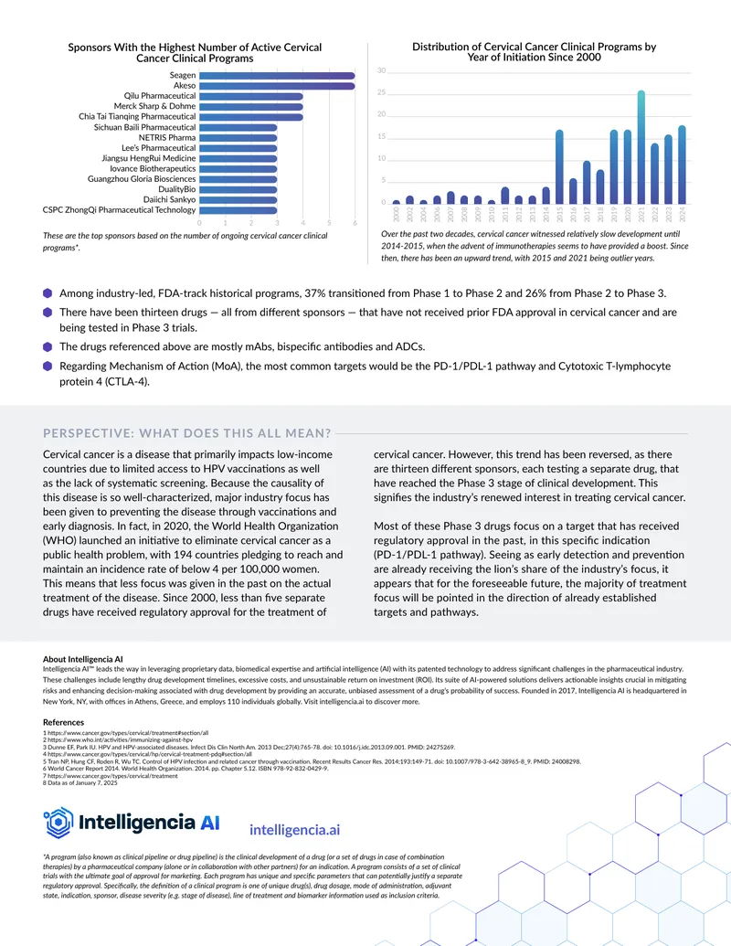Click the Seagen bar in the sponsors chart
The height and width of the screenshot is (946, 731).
tap(277, 76)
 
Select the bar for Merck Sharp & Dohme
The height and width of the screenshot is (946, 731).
tap(251, 107)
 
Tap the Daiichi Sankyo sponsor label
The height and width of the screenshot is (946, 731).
tap(169, 199)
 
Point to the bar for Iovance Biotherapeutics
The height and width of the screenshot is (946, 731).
tap(238, 169)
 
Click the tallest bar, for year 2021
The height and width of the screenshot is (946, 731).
tap(641, 147)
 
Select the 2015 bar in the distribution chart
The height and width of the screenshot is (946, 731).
tap(559, 167)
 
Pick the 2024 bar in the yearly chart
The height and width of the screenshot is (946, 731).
tap(683, 165)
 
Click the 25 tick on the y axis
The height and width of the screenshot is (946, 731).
tap(381, 92)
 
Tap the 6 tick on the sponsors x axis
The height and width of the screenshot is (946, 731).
tap(355, 223)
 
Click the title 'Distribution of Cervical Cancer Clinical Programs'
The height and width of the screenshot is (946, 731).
tap(534, 47)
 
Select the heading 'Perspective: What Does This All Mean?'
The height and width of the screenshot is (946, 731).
tap(187, 433)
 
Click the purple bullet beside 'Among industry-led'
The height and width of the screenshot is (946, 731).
tap(48, 293)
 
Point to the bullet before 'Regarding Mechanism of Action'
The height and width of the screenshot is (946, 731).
tap(48, 366)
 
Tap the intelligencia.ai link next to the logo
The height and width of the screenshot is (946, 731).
tap(294, 830)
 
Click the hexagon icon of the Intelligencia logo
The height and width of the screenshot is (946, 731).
tap(58, 823)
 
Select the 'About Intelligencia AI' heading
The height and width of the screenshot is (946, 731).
tap(82, 659)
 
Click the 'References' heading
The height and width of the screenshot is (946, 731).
tap(63, 722)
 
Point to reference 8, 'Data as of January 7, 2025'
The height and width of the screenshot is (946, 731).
tap(80, 783)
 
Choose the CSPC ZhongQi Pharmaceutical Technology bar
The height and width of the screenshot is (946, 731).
tap(238, 210)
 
